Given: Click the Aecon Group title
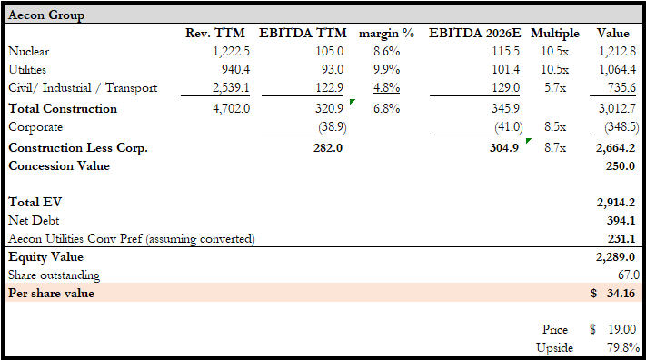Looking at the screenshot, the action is coord(46,15).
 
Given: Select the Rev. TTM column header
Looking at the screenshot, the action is coord(215,33).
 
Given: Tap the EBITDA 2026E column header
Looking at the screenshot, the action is coord(474,33).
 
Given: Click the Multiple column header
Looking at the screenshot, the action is coord(554,33).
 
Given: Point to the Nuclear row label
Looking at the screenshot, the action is coord(28,52).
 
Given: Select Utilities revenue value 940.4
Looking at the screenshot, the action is coord(235,69).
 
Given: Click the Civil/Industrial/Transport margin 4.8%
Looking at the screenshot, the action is coord(386,87).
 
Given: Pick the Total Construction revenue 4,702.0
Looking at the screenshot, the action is coord(231,108).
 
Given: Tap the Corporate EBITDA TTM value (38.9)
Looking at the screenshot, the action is coord(332,126).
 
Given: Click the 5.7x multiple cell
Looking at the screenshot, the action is coord(554,87).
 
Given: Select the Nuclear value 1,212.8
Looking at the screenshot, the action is coord(617,52).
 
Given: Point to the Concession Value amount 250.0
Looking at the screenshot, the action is coord(620,165).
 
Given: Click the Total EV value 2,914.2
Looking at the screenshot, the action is coord(615,202).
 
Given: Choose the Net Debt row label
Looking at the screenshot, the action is coord(34,220).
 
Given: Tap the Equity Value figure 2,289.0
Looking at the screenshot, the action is coord(615,257).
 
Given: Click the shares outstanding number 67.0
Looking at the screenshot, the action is coord(629,275).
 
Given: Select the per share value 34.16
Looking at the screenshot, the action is coord(621,294).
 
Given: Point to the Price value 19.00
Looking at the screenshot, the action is coord(622,329).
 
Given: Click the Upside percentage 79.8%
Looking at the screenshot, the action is coord(623,347).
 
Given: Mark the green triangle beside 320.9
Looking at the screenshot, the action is coord(352,102).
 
